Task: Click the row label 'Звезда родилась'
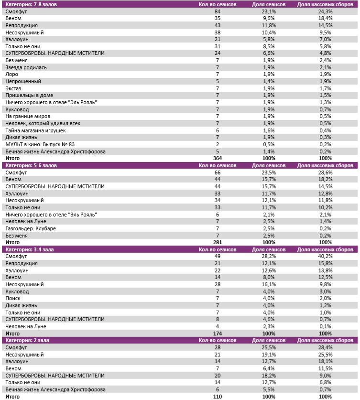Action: click(26, 67)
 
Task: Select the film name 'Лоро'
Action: click(11, 74)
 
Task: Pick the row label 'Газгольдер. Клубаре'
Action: click(30, 228)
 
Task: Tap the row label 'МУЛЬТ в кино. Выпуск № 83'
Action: click(40, 144)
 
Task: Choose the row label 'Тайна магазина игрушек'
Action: click(35, 130)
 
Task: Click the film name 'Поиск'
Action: click(13, 298)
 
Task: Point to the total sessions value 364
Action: click(217, 158)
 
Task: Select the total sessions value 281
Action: click(217, 242)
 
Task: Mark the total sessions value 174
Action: click(217, 333)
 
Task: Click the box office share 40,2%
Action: click(325, 256)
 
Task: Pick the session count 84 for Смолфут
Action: click(217, 11)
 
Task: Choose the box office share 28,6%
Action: click(325, 172)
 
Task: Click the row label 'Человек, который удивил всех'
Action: click(43, 123)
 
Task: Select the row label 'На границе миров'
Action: click(28, 116)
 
